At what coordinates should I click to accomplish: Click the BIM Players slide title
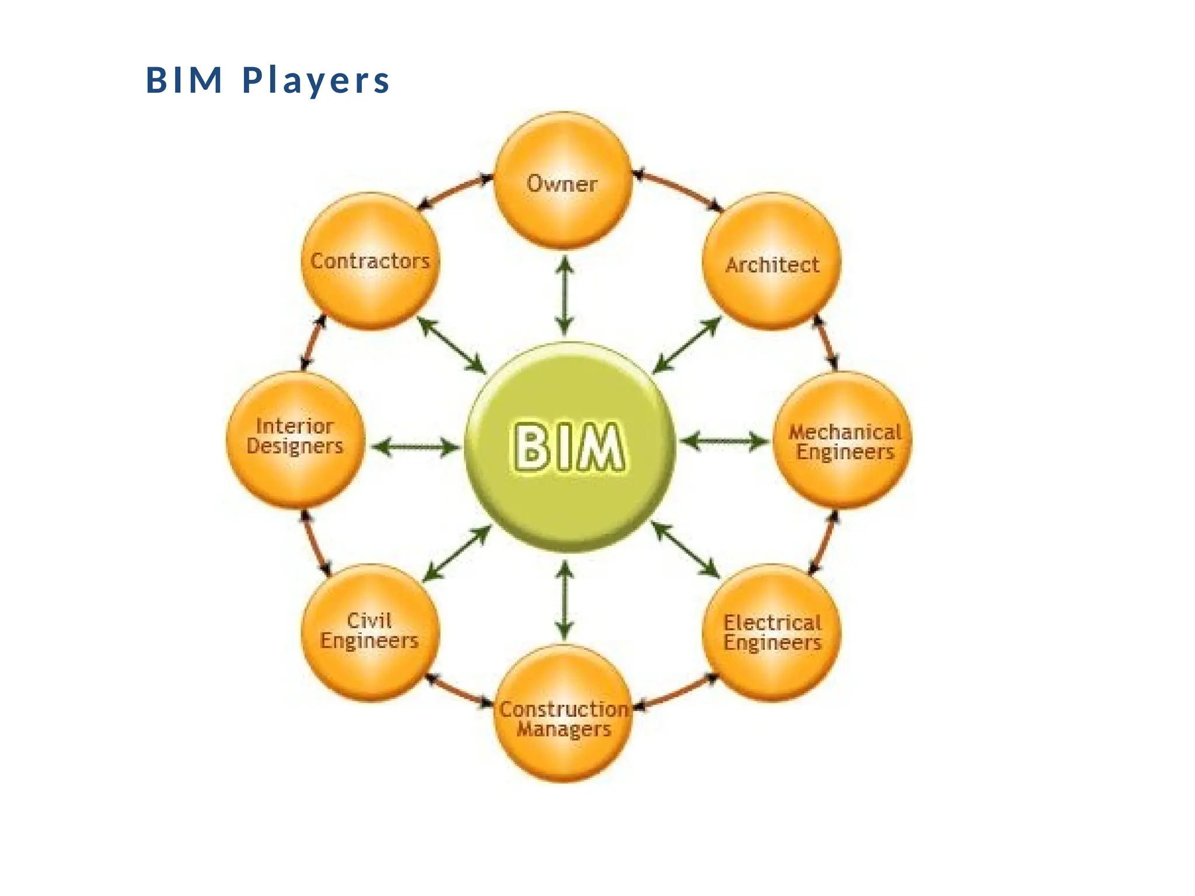point(267,80)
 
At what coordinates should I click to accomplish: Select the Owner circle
point(563,181)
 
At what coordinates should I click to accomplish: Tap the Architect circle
point(772,262)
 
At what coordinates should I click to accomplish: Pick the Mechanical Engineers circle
point(844,441)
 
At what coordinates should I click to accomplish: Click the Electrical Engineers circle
point(772,633)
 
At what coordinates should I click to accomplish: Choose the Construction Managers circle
point(563,715)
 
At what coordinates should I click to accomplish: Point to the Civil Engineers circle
point(370,633)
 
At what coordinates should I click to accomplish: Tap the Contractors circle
point(370,262)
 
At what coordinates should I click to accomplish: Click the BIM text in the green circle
point(568,447)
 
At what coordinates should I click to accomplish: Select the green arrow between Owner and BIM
point(564,296)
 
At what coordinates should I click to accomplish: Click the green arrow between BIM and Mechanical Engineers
point(724,442)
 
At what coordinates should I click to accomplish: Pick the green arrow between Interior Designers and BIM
point(415,447)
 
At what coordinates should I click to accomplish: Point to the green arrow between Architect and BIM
point(687,345)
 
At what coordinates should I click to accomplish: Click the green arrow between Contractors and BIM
point(451,345)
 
